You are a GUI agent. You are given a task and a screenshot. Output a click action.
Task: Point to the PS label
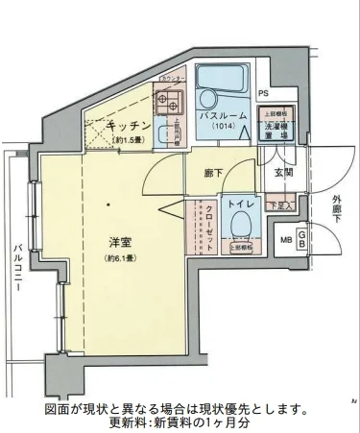263,93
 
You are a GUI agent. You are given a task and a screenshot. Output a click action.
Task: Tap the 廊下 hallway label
214,174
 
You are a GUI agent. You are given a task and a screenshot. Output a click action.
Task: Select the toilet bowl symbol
240,228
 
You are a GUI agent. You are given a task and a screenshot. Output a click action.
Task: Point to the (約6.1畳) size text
120,258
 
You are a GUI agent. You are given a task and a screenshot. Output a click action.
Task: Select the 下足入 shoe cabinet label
278,204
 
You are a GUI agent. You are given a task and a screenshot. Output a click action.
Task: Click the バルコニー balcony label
19,270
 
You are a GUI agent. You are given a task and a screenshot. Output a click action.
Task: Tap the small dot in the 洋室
108,204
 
